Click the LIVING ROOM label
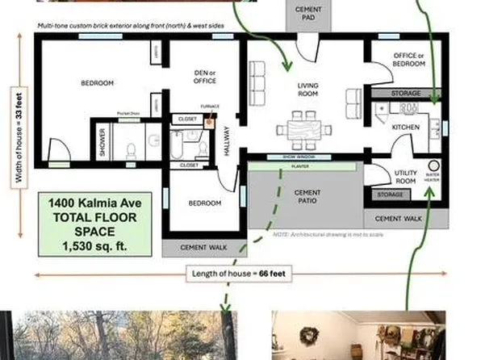308,89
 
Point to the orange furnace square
210,123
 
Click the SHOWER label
102,142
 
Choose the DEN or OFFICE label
205,77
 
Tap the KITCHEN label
404,128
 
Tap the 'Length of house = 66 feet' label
234,274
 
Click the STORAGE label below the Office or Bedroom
406,94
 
